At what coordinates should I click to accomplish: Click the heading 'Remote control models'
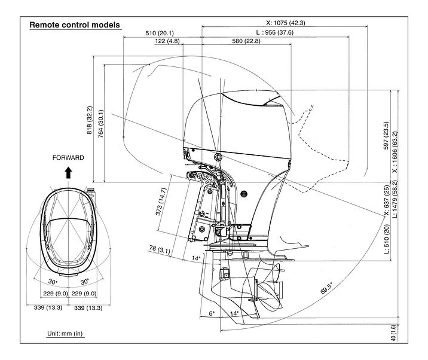(x=75, y=25)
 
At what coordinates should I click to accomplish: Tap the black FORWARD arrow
(x=68, y=173)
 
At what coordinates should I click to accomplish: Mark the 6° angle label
(x=212, y=313)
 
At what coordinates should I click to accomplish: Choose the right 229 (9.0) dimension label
(x=85, y=293)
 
